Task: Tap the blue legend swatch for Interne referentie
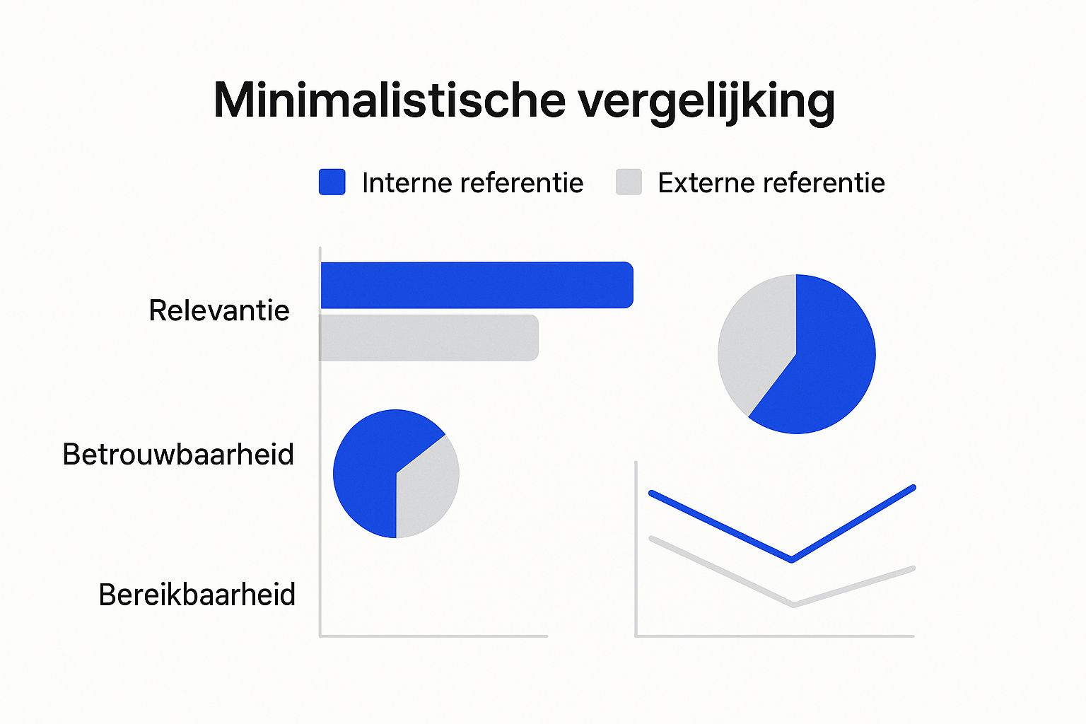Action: click(332, 182)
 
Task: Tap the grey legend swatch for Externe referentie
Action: click(629, 182)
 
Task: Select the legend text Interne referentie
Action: click(473, 183)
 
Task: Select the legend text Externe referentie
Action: click(771, 183)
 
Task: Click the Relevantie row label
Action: click(219, 310)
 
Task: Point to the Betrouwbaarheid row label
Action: click(178, 455)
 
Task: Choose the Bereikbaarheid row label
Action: click(197, 594)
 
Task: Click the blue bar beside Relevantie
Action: click(477, 285)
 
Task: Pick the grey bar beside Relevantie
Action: click(428, 337)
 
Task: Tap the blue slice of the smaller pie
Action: click(373, 465)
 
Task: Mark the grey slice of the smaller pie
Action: click(424, 490)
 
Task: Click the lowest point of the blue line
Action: click(792, 559)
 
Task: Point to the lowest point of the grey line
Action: click(794, 605)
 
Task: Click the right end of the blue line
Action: click(913, 487)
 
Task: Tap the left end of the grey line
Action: click(652, 539)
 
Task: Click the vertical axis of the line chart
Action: click(636, 549)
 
